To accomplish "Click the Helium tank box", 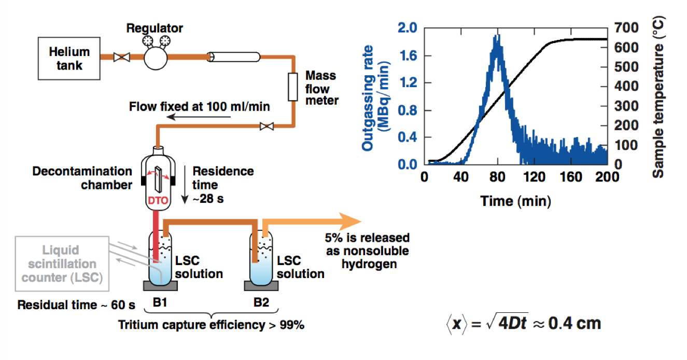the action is pyautogui.click(x=69, y=59).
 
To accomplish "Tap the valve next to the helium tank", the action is pyautogui.click(x=122, y=57).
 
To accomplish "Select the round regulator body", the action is pyautogui.click(x=156, y=58).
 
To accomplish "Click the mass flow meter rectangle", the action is pyautogui.click(x=292, y=87).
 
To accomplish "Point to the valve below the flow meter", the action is pyautogui.click(x=267, y=126).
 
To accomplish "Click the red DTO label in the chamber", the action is pyautogui.click(x=158, y=200).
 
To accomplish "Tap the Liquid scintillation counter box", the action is pyautogui.click(x=62, y=264).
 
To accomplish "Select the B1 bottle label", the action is pyautogui.click(x=160, y=302).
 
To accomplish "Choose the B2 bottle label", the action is pyautogui.click(x=261, y=302).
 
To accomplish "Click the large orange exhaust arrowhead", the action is pyautogui.click(x=349, y=221).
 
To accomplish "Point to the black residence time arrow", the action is pyautogui.click(x=185, y=185).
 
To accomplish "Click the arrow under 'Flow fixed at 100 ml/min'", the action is pyautogui.click(x=199, y=117).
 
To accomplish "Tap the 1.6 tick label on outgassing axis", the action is pyautogui.click(x=408, y=56).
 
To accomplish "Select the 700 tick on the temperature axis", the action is pyautogui.click(x=626, y=27).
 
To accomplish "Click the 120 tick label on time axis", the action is pyautogui.click(x=534, y=177).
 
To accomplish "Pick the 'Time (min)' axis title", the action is pyautogui.click(x=515, y=201).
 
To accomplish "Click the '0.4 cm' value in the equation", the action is pyautogui.click(x=574, y=323).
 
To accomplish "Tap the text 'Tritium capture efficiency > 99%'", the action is pyautogui.click(x=212, y=325).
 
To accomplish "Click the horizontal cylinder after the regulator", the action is pyautogui.click(x=233, y=57).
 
